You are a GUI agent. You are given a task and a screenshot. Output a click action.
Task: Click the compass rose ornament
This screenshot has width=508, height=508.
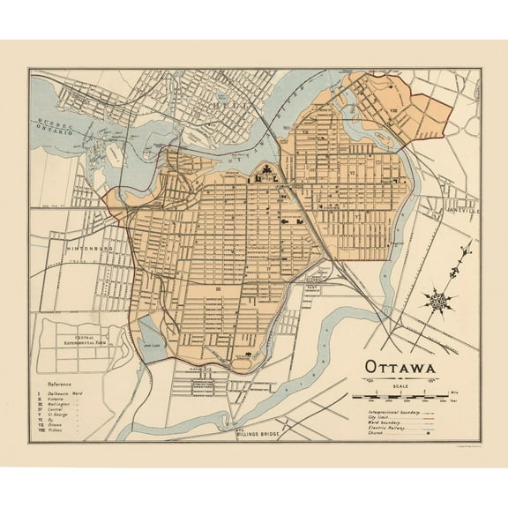point(438,301)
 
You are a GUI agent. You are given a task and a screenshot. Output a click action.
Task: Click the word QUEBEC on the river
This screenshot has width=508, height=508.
point(54,125)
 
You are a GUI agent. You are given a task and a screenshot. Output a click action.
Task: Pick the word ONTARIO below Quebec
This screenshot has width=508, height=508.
point(54,135)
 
